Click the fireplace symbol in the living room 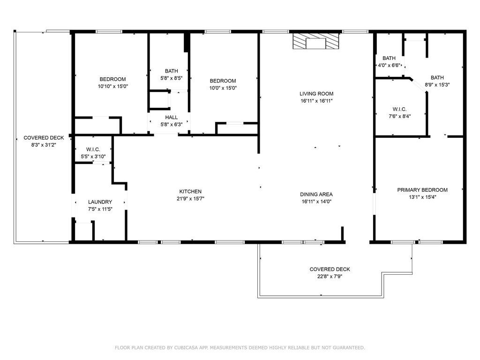tap(316, 41)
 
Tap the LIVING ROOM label tap(316, 94)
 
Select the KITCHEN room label tap(190, 191)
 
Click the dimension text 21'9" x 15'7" tap(190, 199)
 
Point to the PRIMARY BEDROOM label tap(422, 190)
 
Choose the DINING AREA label tap(316, 195)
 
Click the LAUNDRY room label tap(100, 202)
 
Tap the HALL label tap(172, 117)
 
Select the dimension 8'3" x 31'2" tap(44, 145)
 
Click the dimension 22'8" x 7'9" tap(330, 277)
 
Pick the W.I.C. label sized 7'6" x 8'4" tap(399, 109)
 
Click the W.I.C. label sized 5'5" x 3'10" tap(93, 150)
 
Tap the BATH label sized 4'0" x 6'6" tap(389, 58)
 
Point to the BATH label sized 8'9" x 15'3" tap(437, 78)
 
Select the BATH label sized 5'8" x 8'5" tap(172, 71)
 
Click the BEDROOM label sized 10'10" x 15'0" tap(112, 79)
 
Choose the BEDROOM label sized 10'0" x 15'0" tap(223, 81)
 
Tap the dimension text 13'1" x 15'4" tap(422, 197)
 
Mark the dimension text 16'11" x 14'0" tap(316, 202)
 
